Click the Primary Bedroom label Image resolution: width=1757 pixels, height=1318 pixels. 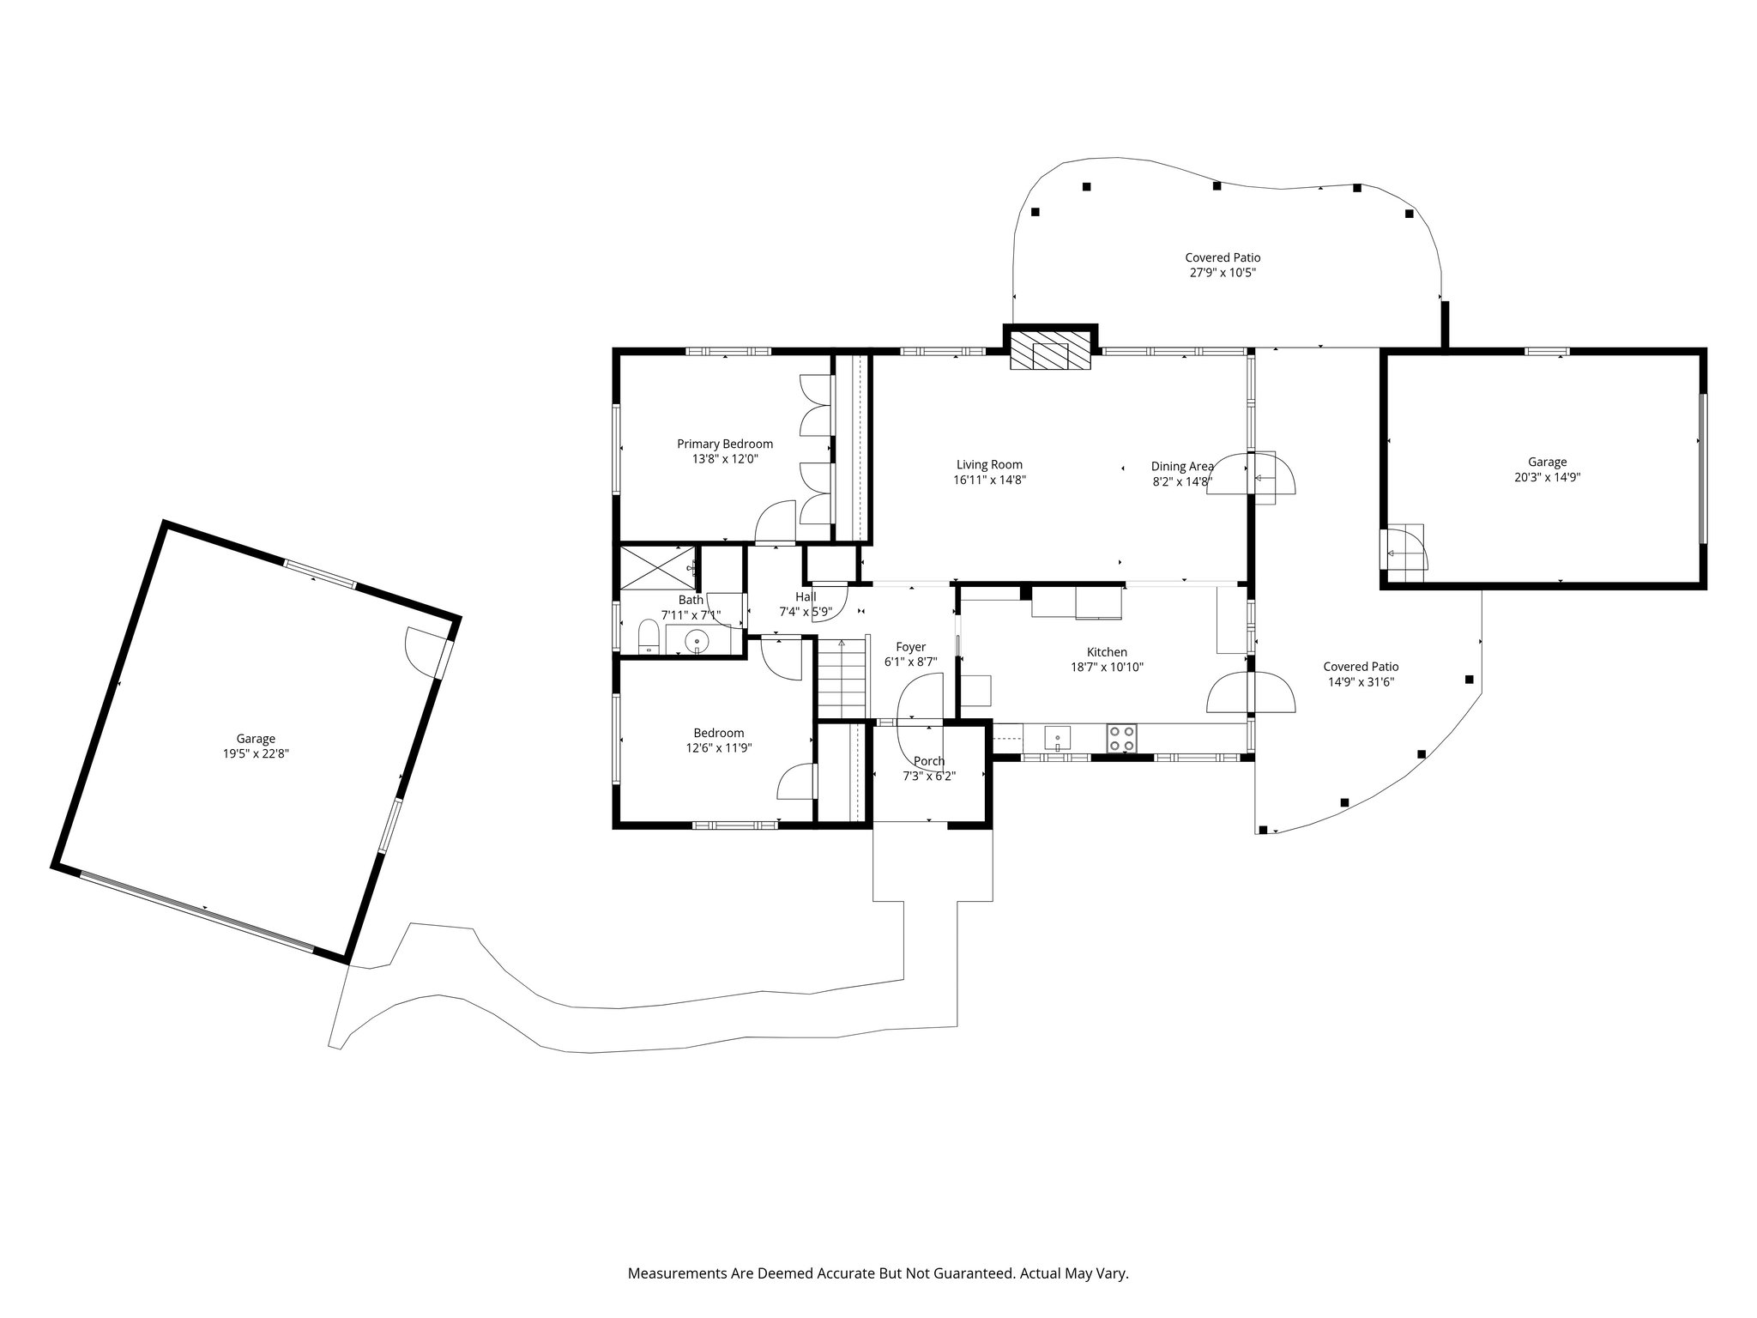click(x=725, y=451)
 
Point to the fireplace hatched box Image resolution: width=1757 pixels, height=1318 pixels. click(x=1050, y=351)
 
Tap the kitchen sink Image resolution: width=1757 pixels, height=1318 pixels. click(x=1058, y=737)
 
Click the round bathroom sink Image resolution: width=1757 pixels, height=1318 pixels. click(x=698, y=640)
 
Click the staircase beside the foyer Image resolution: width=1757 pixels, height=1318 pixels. click(x=842, y=678)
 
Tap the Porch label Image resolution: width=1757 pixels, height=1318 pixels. click(x=929, y=761)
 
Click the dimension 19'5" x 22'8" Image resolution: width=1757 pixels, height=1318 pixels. click(x=256, y=754)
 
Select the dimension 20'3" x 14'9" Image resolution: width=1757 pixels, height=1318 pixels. click(x=1547, y=477)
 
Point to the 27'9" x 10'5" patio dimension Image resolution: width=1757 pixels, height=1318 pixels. click(x=1223, y=273)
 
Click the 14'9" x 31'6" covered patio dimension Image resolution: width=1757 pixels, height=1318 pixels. click(x=1361, y=682)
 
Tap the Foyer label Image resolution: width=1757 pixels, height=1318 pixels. click(x=911, y=647)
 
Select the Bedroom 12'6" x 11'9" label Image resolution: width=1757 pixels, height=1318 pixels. click(x=719, y=740)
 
